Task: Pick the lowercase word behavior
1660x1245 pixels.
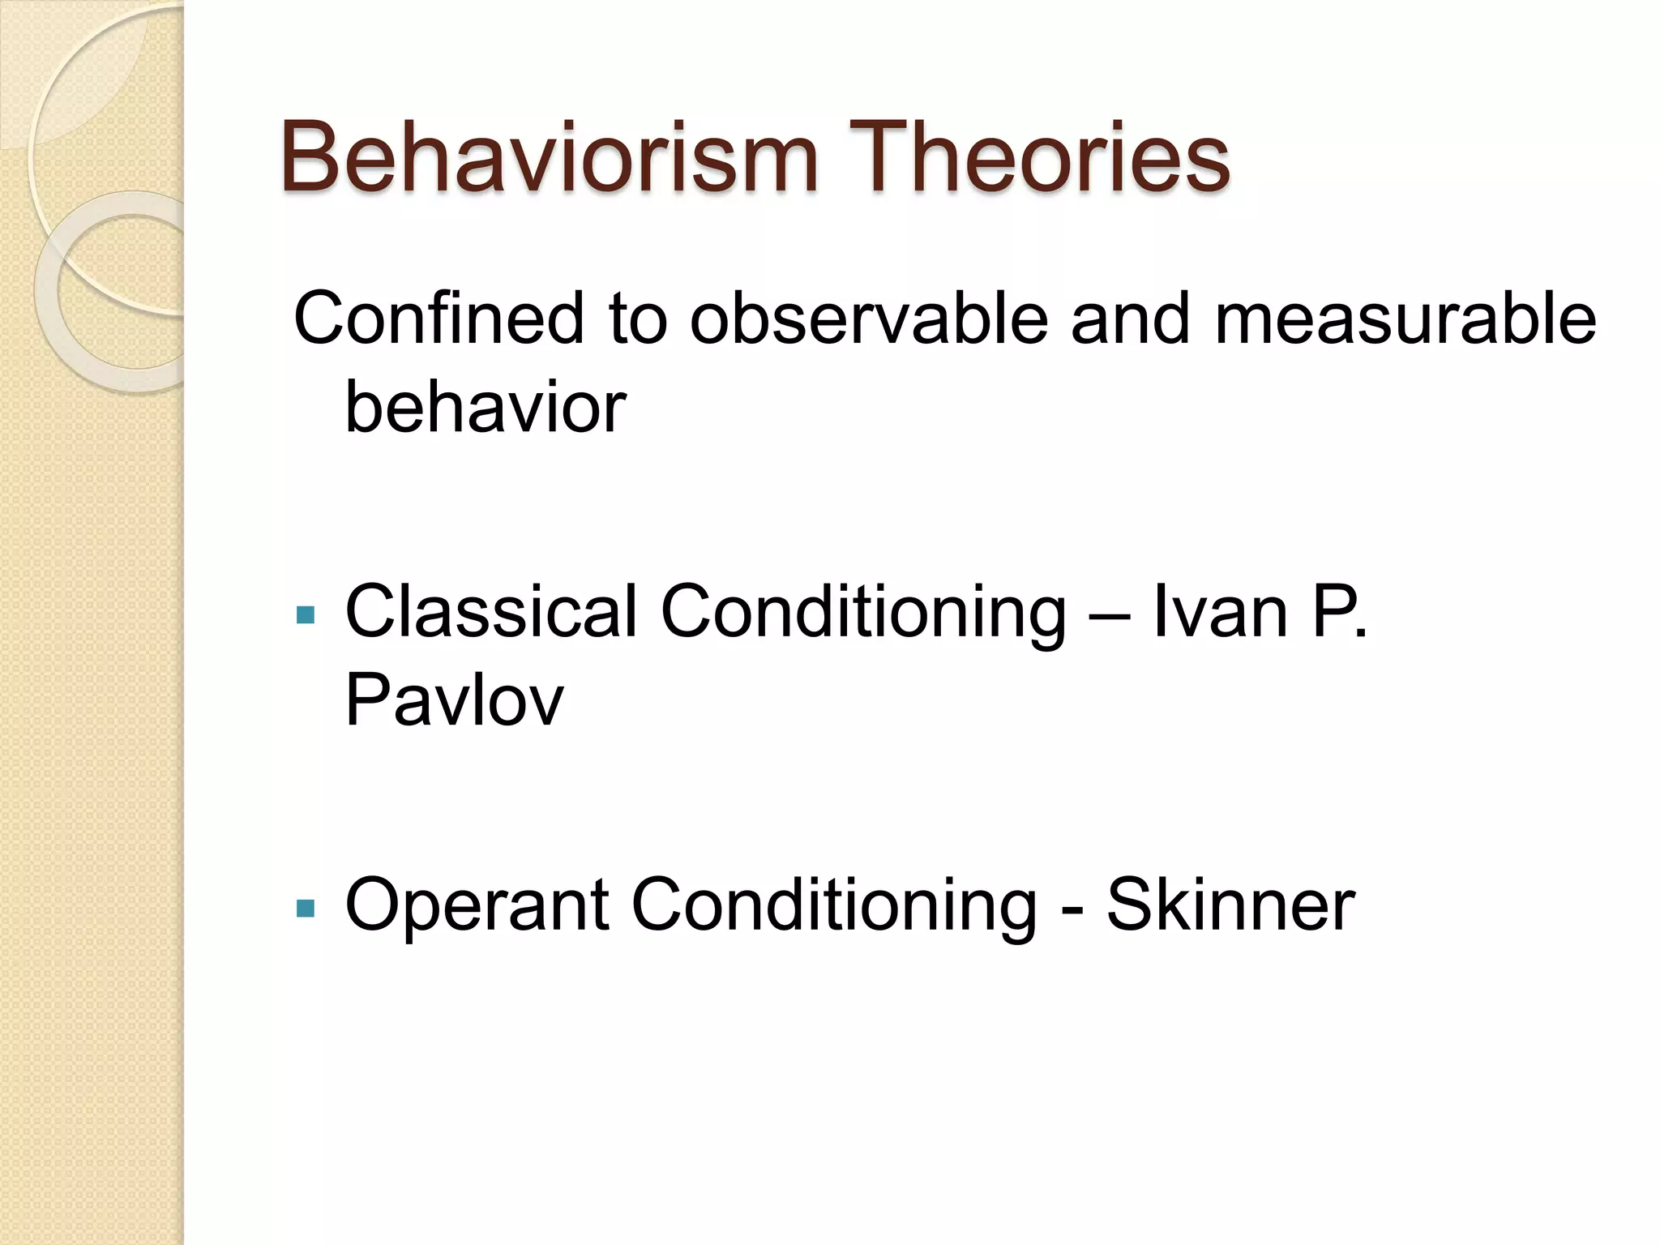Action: [486, 408]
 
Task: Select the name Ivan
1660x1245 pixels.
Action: [1220, 613]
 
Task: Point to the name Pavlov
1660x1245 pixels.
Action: [454, 701]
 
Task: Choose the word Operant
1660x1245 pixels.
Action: [477, 905]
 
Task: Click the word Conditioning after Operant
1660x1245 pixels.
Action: [833, 905]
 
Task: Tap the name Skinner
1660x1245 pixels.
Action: [1230, 905]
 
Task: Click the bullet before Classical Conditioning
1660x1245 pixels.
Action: [306, 616]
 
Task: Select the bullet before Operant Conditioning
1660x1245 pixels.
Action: [306, 909]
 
